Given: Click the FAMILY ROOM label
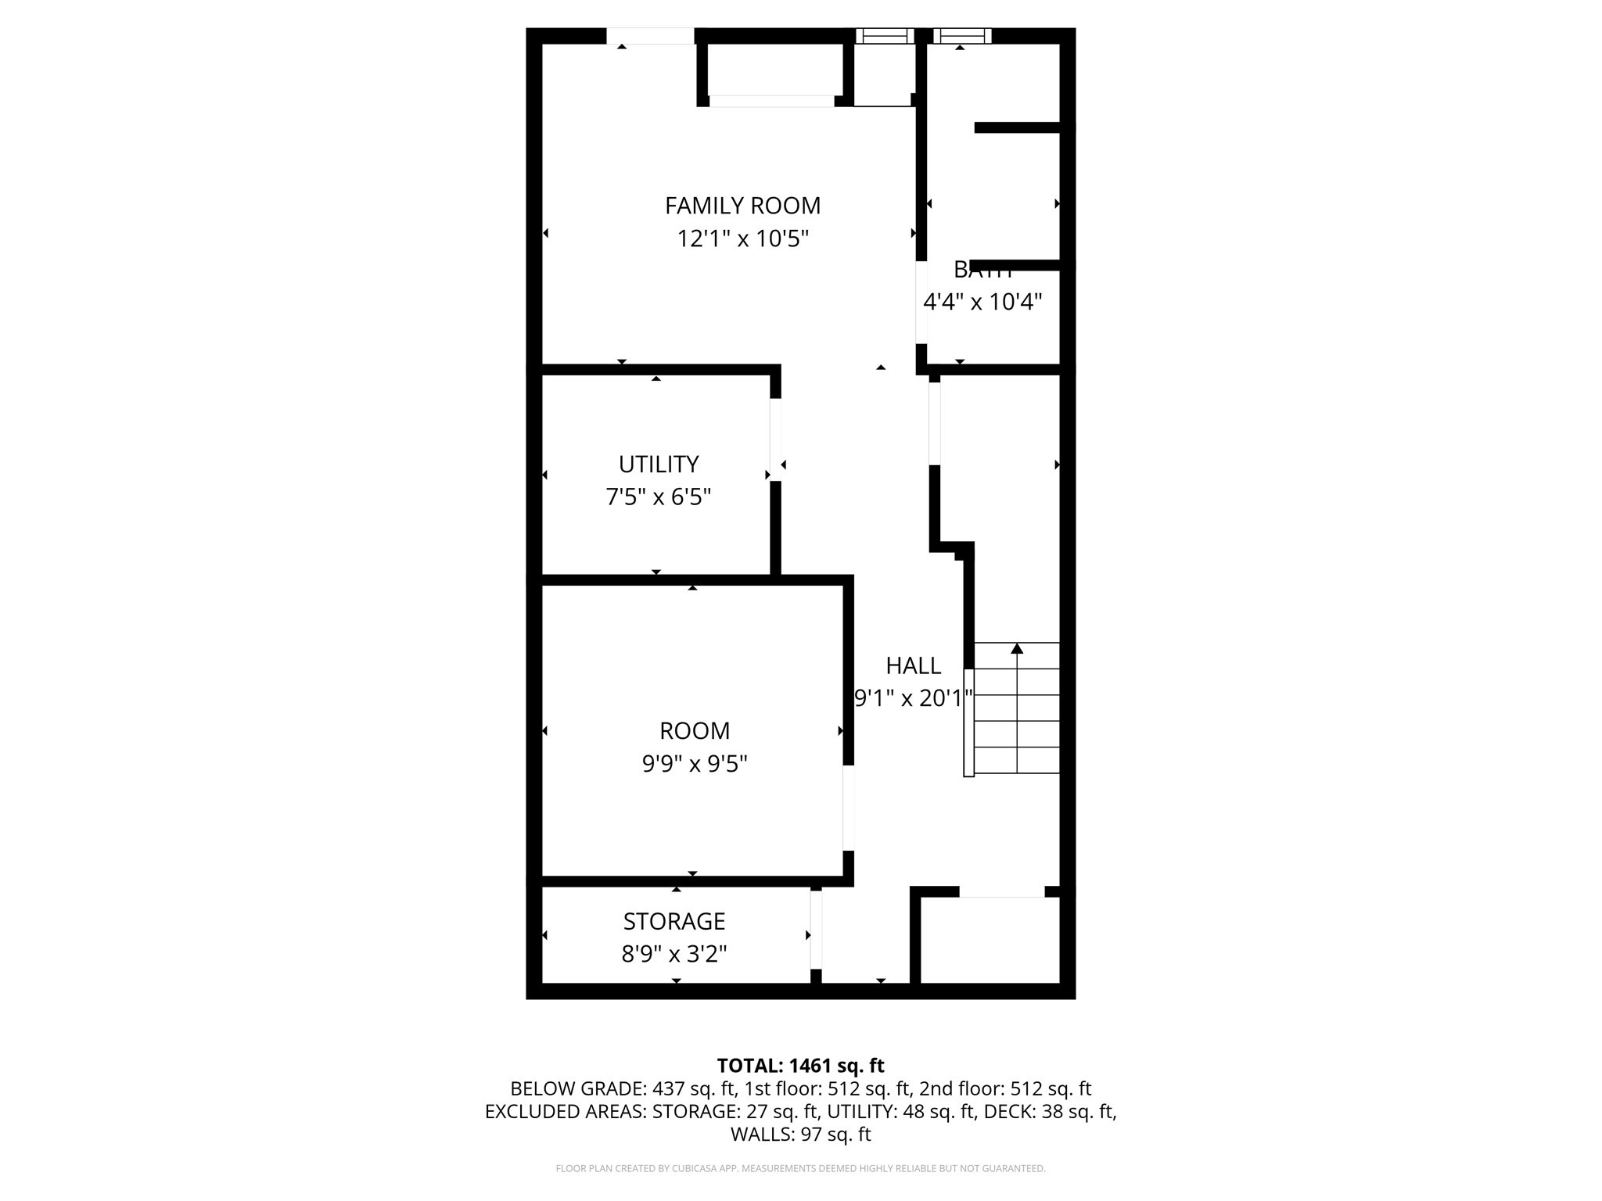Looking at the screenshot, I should click(742, 206).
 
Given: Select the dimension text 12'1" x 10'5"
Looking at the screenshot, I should click(742, 238).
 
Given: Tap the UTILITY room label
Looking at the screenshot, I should click(658, 464).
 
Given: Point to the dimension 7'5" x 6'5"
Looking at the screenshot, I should click(658, 497).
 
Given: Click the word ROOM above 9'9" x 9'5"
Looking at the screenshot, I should click(695, 731).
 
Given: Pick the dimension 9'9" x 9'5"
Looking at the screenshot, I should click(695, 763).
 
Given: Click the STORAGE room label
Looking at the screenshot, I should click(674, 922).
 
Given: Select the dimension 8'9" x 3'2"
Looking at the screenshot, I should click(674, 954).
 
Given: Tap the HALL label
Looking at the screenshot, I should click(913, 666).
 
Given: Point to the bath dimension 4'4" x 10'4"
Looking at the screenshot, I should click(982, 302).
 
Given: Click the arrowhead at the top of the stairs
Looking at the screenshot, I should click(1017, 648).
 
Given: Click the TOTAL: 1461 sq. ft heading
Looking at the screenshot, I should click(800, 1066).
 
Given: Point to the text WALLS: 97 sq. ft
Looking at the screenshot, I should click(800, 1134).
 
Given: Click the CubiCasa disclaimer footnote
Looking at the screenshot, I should click(800, 1169).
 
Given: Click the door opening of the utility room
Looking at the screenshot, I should click(776, 439).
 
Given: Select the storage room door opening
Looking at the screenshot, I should click(816, 930).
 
